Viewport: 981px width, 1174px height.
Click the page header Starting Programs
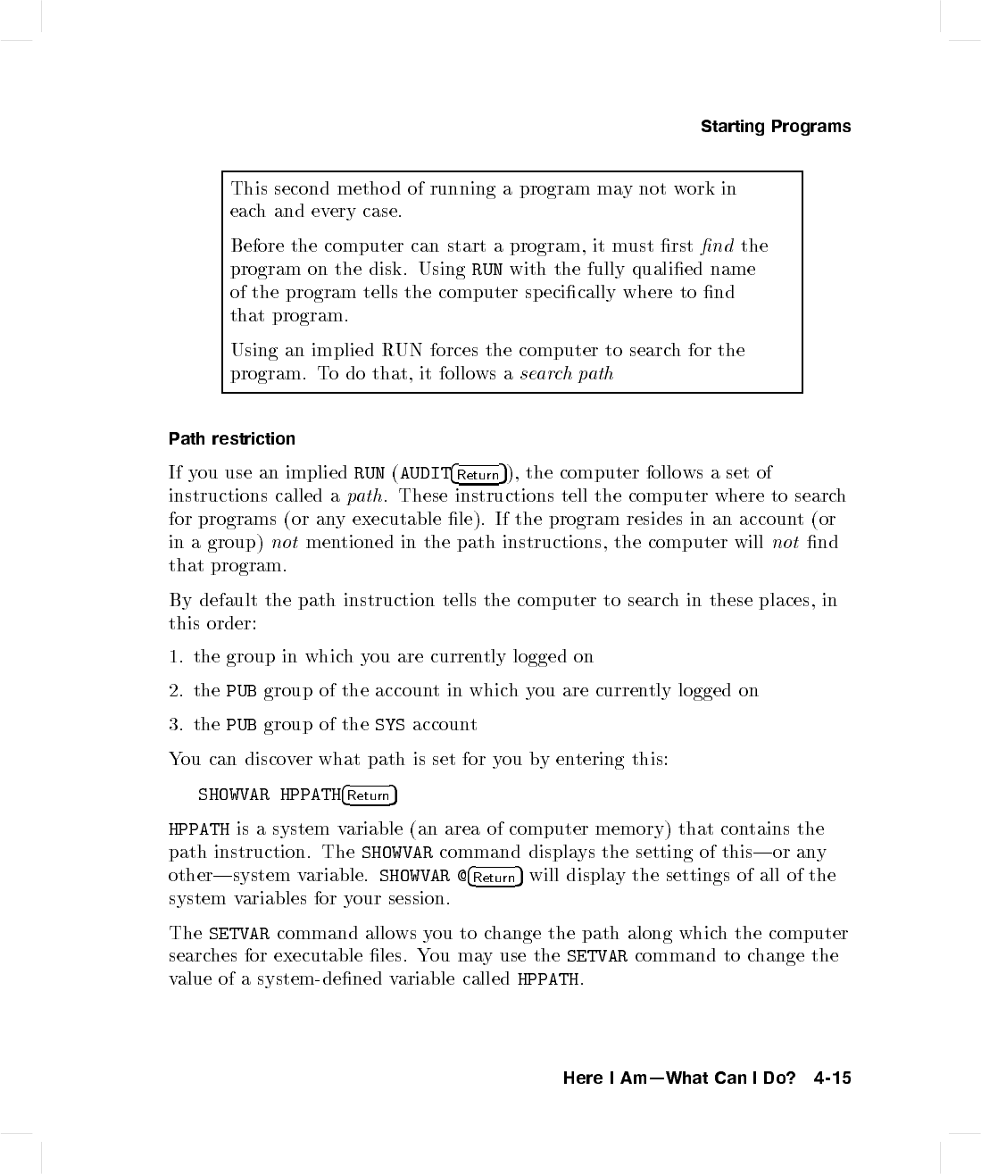point(775,127)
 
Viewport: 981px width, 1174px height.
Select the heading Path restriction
point(232,439)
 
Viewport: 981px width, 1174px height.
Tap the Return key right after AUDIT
point(478,474)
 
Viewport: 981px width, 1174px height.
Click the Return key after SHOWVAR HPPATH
point(370,795)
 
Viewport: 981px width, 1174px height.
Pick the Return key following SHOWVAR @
point(495,877)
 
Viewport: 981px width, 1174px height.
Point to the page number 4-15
point(832,1078)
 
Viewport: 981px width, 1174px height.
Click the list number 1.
point(175,657)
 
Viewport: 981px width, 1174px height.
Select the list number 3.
point(175,725)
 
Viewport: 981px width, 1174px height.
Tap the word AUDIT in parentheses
point(424,473)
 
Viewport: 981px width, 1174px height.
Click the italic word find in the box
point(716,246)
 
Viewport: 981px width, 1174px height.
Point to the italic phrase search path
point(567,374)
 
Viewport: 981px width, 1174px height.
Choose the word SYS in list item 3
point(390,725)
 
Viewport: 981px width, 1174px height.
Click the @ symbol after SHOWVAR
point(461,876)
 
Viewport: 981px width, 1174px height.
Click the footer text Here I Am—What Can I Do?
point(679,1078)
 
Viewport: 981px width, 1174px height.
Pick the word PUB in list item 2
point(241,691)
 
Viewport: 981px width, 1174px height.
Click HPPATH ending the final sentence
point(548,979)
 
